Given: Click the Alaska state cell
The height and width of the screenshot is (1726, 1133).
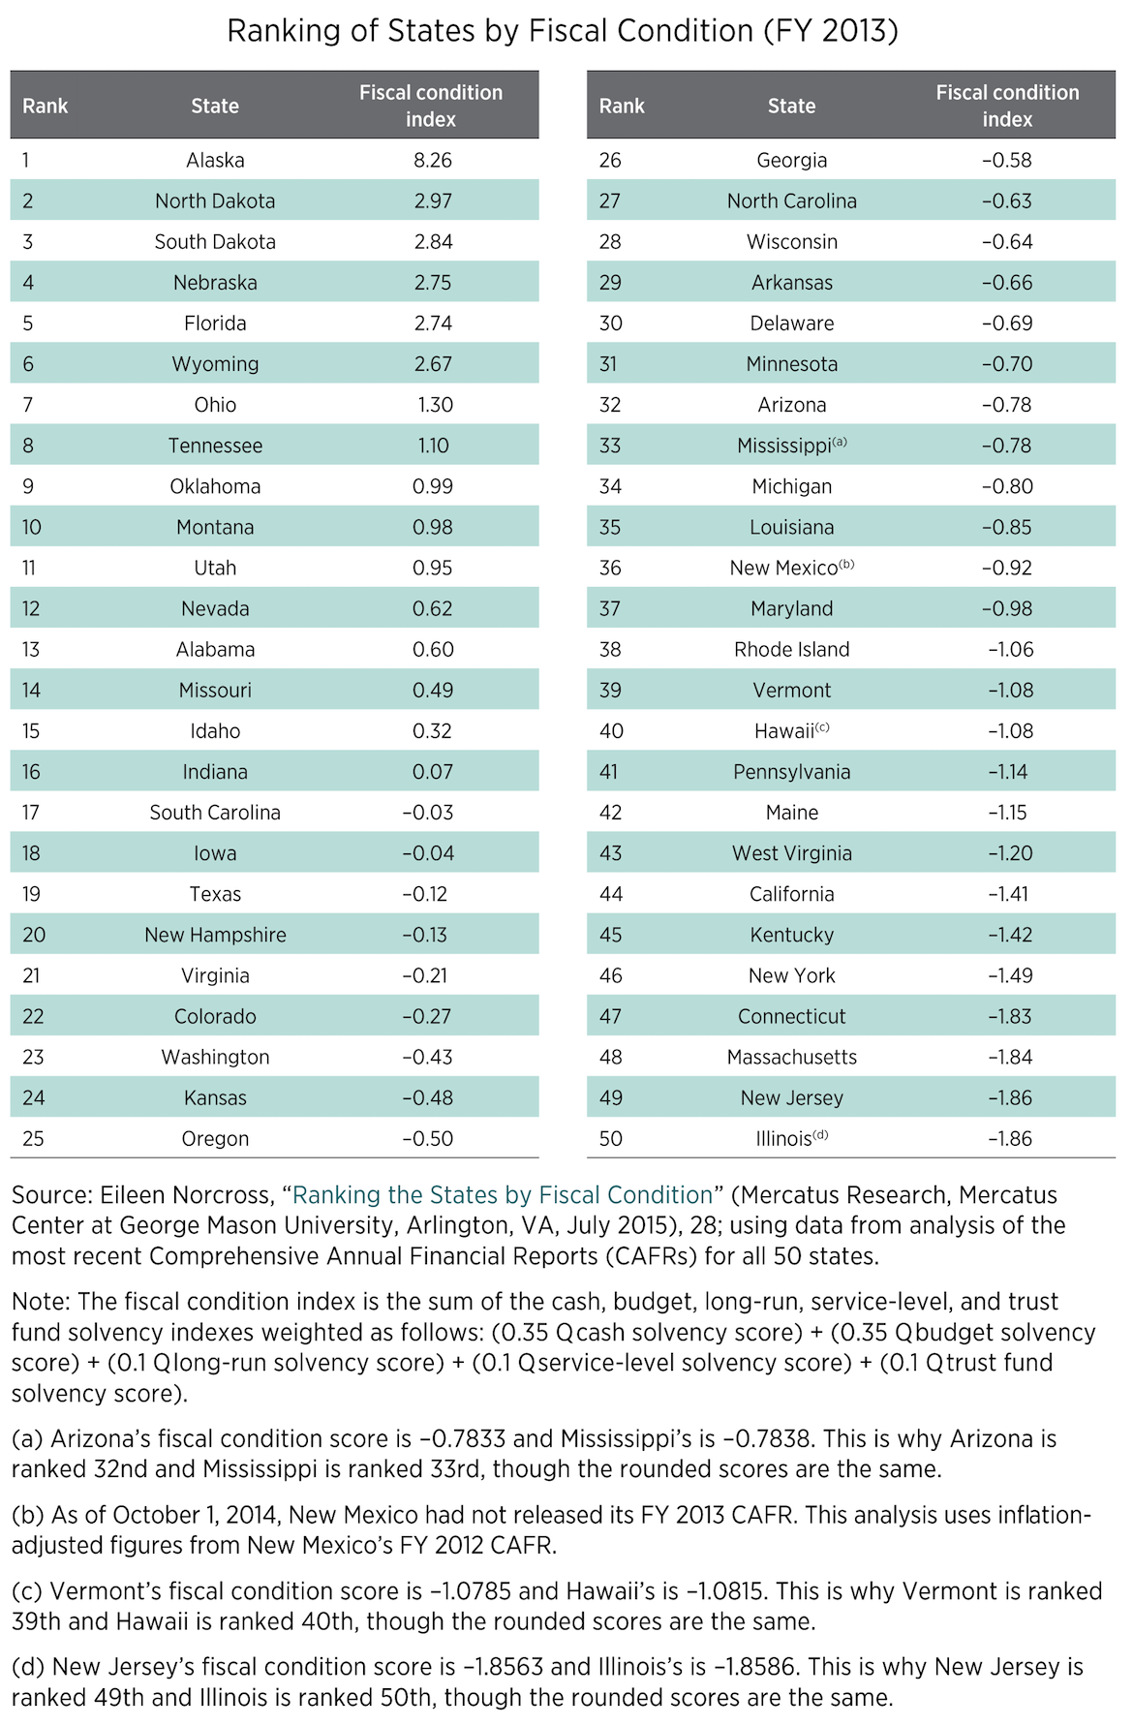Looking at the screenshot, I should coord(215,161).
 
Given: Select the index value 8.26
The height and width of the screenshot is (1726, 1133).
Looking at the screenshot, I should coord(432,161).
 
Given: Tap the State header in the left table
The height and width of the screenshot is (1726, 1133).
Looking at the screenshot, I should coord(215,106).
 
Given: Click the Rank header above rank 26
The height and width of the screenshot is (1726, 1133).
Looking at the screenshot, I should coord(622,106).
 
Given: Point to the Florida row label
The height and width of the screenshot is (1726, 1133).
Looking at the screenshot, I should coord(215,324).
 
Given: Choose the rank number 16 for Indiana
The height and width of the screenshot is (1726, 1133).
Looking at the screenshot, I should coord(31,772).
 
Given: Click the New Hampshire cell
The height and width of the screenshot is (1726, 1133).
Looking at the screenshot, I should coord(215,935).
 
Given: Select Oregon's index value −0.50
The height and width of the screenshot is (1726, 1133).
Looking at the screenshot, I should coord(427,1139).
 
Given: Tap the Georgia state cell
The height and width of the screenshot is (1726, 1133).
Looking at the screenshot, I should coord(791,161).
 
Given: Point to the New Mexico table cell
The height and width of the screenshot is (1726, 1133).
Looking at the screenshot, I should coord(783,569).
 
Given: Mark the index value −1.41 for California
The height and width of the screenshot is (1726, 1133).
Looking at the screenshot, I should coord(1010,894).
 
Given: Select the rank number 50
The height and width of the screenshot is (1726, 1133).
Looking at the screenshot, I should coord(611,1139).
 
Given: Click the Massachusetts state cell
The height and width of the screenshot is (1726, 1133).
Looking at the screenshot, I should coord(791,1058).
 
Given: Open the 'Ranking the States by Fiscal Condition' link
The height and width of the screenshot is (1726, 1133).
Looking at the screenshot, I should coord(503,1195).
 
